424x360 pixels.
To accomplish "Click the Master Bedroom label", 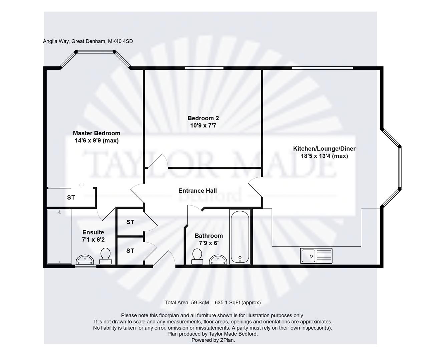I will [x=96, y=133].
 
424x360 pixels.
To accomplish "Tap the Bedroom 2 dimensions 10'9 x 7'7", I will [x=203, y=125].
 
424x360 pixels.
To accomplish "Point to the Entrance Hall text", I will [x=197, y=191].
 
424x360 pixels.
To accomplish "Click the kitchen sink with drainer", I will [x=316, y=256].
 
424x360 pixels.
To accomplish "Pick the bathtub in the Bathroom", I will [x=240, y=236].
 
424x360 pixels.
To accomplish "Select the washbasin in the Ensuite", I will [x=85, y=260].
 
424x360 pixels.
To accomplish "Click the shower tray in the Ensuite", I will [x=59, y=236].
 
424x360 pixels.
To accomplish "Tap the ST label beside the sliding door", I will [x=71, y=198].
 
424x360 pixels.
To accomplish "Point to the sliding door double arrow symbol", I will [x=82, y=185].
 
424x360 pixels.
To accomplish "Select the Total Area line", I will [x=213, y=303].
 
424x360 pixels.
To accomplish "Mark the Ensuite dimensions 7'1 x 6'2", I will [x=93, y=240].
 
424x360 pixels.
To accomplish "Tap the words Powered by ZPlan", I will [x=213, y=340].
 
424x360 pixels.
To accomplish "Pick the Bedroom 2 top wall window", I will [x=204, y=68].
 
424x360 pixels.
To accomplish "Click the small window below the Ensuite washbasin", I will [x=85, y=266].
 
